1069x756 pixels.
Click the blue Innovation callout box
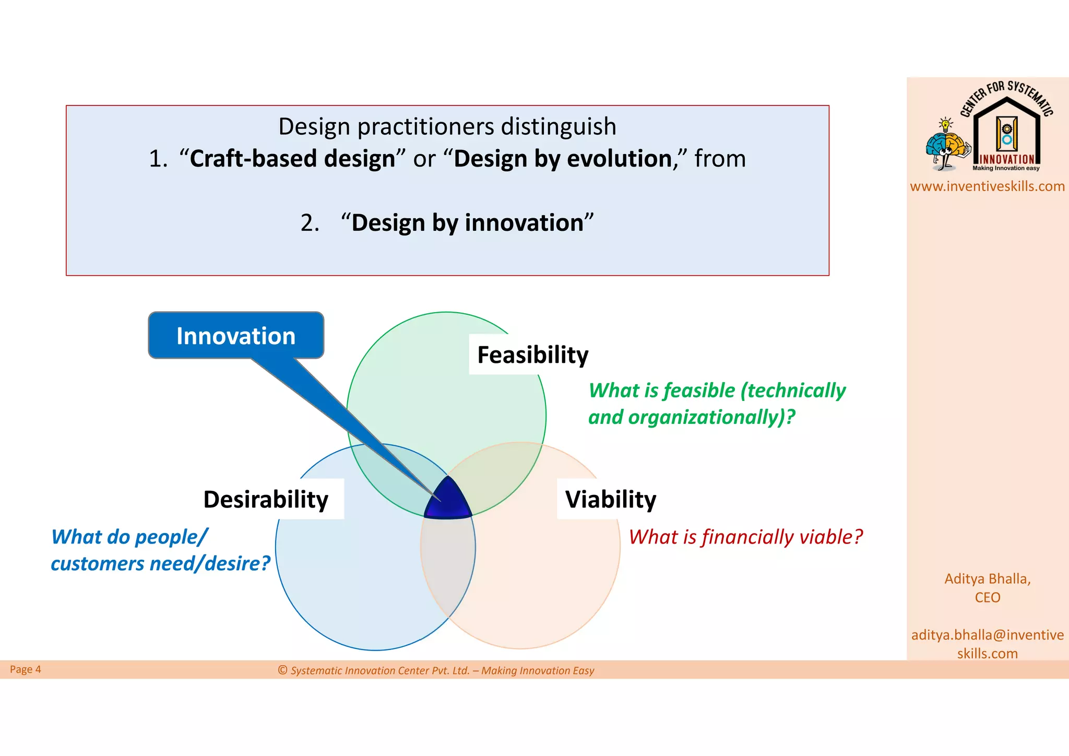click(236, 336)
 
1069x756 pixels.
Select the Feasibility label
click(532, 355)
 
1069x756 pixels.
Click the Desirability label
click(266, 500)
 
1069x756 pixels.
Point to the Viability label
click(610, 500)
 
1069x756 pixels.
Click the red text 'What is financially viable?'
click(745, 537)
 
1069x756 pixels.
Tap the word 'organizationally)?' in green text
click(711, 417)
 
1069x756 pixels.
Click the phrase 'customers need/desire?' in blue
click(160, 564)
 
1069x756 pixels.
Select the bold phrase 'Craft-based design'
click(292, 159)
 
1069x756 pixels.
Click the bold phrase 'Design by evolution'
click(563, 159)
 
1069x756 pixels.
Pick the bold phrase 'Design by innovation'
click(467, 223)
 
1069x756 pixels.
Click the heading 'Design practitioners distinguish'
click(447, 127)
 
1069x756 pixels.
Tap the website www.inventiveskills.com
click(987, 186)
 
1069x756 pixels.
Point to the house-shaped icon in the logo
click(1006, 131)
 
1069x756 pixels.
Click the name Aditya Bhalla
click(987, 579)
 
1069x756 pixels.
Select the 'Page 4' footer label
click(25, 669)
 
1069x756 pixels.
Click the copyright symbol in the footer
click(283, 670)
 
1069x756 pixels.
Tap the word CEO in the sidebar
click(987, 597)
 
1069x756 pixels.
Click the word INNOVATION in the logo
click(1006, 159)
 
